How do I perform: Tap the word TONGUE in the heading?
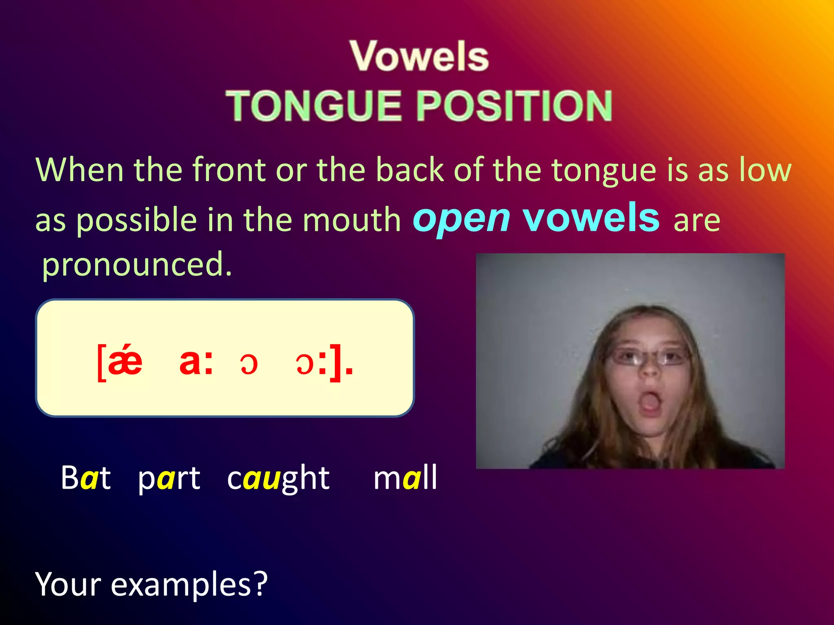point(314,106)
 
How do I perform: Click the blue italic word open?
point(461,219)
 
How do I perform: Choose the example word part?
point(169,478)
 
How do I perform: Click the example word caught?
point(278,478)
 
